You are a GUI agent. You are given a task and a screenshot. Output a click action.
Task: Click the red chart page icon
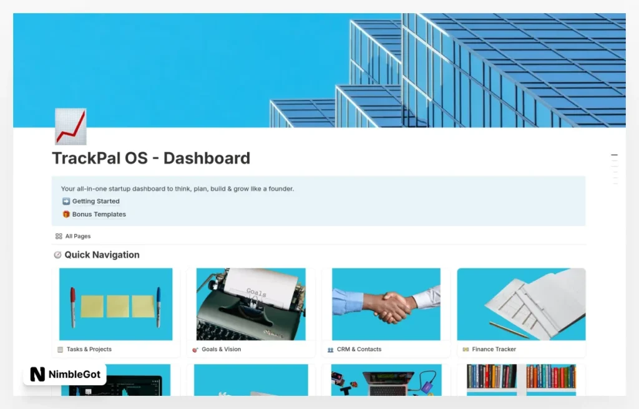(x=71, y=126)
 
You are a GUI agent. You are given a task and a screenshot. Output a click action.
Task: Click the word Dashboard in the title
(x=207, y=158)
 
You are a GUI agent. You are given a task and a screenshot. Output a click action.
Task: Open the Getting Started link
(x=95, y=201)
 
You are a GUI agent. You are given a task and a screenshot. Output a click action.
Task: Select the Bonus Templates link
(x=99, y=214)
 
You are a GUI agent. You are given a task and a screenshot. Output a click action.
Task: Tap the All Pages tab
(x=77, y=236)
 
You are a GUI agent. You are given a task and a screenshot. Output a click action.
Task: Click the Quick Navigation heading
(x=102, y=255)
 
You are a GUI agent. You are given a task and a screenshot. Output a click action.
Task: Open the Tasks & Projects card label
(x=89, y=349)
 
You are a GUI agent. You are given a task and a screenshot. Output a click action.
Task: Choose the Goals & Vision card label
(x=221, y=349)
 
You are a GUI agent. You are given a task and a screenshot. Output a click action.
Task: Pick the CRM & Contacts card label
(x=359, y=349)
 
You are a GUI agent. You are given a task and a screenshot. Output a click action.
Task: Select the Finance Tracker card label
(x=494, y=349)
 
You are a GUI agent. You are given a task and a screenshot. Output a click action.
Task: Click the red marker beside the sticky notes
(x=73, y=307)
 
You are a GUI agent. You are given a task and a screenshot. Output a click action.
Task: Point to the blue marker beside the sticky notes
(x=159, y=306)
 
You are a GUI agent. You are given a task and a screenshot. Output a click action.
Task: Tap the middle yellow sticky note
(x=118, y=306)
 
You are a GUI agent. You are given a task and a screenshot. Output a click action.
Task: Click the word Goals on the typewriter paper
(x=256, y=292)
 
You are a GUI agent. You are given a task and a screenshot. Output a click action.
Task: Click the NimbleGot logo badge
(x=65, y=374)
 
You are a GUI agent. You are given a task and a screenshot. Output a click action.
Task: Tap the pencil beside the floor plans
(x=508, y=330)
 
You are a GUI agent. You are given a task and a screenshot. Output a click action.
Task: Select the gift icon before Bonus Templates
(x=66, y=214)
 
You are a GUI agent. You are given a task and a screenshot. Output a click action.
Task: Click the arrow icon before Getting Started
(x=66, y=201)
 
